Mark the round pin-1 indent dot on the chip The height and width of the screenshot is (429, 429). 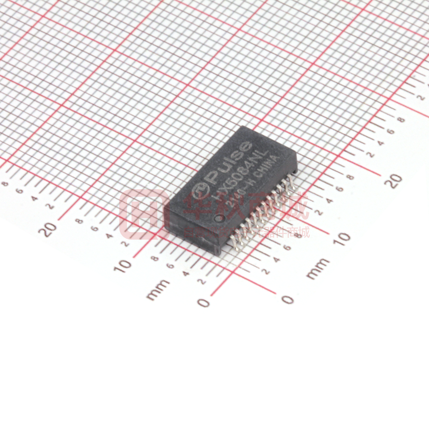point(219,218)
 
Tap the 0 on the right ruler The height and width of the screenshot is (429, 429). point(287,299)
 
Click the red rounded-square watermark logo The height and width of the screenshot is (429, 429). point(141,214)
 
